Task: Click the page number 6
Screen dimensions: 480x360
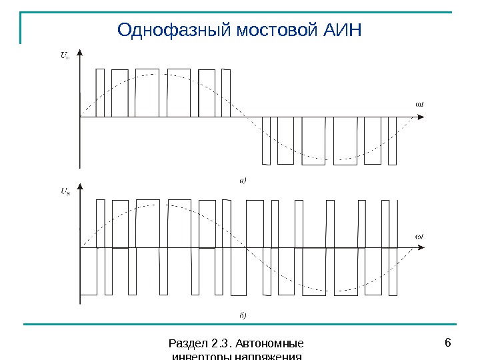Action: [x=447, y=343]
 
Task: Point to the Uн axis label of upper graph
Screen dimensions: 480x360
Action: [x=65, y=56]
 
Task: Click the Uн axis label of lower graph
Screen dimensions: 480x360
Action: [x=65, y=191]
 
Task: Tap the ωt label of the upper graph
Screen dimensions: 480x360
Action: [x=420, y=104]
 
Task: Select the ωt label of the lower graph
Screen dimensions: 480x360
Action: [x=420, y=236]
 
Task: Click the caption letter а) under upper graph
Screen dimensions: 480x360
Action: [x=243, y=179]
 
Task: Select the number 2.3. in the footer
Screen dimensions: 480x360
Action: [x=220, y=343]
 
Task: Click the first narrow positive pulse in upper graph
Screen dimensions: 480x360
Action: [x=100, y=93]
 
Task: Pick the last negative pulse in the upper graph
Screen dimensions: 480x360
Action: [x=392, y=140]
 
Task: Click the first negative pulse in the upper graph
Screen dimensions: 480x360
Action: [x=267, y=140]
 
